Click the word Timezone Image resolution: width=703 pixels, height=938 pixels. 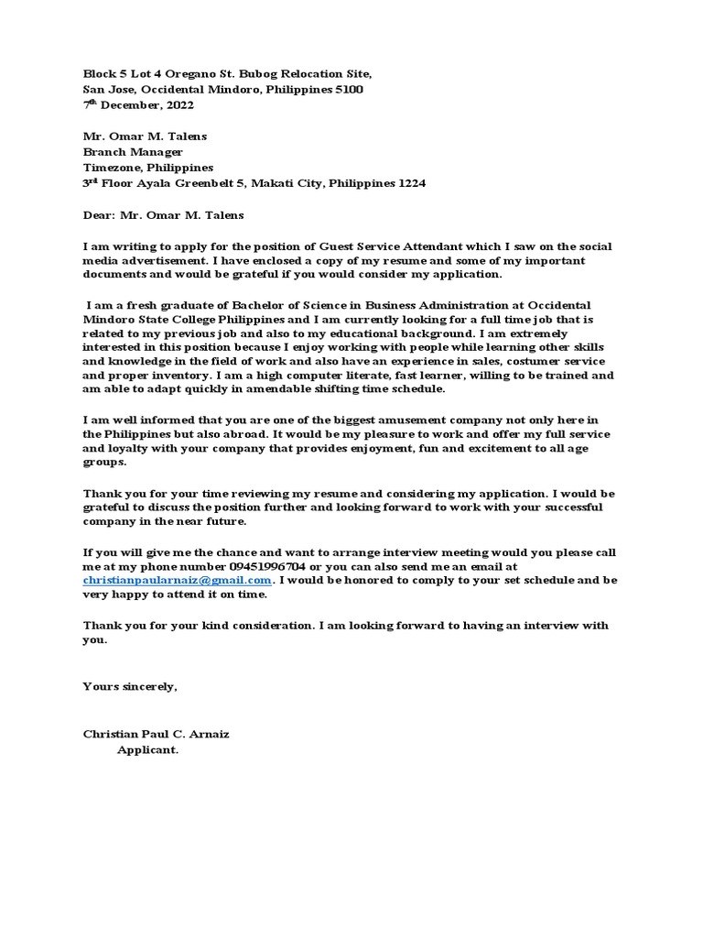(x=113, y=168)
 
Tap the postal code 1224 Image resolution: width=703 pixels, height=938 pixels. (x=408, y=183)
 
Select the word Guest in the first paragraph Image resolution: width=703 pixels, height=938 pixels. (x=339, y=246)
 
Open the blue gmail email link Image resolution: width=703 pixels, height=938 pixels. (x=178, y=581)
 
